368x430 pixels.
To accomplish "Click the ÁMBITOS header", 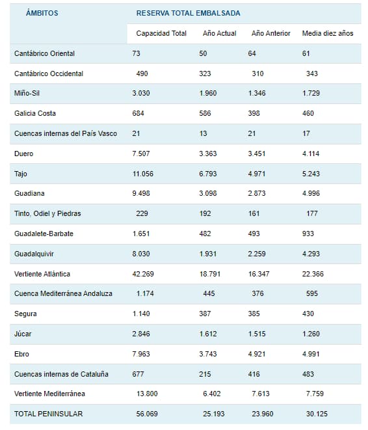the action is (42, 13).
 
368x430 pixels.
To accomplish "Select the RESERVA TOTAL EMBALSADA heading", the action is (189, 13).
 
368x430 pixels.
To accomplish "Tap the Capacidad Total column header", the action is (161, 33).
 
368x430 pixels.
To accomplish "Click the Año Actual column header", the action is (219, 33).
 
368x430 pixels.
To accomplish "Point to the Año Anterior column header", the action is (270, 33).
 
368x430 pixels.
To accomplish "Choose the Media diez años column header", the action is (328, 33).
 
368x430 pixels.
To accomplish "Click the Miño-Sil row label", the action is (27, 93).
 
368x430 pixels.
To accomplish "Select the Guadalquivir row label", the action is (34, 254).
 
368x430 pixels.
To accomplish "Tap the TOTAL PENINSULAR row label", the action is (48, 414).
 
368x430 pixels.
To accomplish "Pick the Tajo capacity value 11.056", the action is (143, 174).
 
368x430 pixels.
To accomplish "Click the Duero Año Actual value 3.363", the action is (208, 154).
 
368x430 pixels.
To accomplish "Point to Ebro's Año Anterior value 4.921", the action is (257, 354).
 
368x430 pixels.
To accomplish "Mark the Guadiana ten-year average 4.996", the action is (311, 193).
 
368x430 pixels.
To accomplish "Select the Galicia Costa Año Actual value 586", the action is (205, 114).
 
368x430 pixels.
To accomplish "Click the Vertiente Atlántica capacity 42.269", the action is (143, 274).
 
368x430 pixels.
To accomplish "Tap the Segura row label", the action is (25, 314).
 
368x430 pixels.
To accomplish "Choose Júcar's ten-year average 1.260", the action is (311, 334).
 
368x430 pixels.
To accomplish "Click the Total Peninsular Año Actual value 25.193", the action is (214, 414).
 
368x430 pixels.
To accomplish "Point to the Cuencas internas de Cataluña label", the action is (61, 374).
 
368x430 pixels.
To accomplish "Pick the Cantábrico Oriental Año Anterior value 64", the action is (252, 53).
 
